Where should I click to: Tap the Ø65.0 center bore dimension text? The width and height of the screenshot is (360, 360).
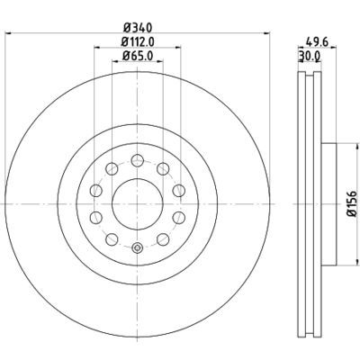[137, 57]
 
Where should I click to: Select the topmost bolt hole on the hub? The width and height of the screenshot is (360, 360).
[137, 160]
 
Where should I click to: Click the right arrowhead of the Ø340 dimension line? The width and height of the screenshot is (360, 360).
[266, 33]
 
